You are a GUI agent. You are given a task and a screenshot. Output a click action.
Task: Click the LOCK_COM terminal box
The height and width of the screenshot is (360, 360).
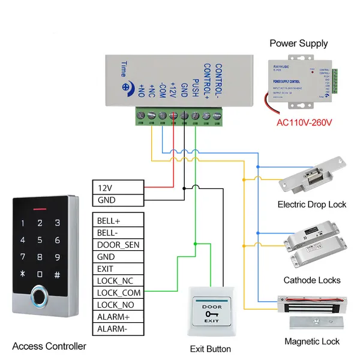(x=118, y=293)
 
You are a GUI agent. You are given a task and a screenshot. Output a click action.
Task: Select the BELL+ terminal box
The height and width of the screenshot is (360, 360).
(x=118, y=220)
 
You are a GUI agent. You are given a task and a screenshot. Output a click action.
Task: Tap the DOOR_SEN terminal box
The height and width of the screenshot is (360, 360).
(x=118, y=244)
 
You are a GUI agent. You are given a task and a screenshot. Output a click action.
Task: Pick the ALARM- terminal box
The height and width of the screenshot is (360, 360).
(x=118, y=329)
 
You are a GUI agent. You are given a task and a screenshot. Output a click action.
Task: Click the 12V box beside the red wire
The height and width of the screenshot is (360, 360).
(x=118, y=188)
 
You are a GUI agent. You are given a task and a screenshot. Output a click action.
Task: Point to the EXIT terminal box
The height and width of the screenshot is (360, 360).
(x=118, y=269)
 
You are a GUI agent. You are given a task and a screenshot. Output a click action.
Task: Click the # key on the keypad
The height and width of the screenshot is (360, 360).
(x=57, y=274)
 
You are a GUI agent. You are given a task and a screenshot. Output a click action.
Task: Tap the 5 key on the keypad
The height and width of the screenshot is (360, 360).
(x=40, y=240)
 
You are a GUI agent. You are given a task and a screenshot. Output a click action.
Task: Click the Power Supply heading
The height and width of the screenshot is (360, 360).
(x=298, y=43)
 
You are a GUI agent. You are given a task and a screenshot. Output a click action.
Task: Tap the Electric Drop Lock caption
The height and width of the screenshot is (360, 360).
(x=311, y=205)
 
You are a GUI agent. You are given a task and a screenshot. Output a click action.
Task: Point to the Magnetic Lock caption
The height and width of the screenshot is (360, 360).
(x=312, y=341)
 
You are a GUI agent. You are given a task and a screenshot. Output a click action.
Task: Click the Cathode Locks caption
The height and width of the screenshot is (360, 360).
(x=312, y=280)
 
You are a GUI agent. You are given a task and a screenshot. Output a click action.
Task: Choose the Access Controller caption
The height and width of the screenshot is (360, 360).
(x=49, y=346)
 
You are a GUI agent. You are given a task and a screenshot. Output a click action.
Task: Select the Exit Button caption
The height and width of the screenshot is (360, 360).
(x=210, y=349)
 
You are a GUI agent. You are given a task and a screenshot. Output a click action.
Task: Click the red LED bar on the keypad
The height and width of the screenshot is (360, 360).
(x=40, y=210)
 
